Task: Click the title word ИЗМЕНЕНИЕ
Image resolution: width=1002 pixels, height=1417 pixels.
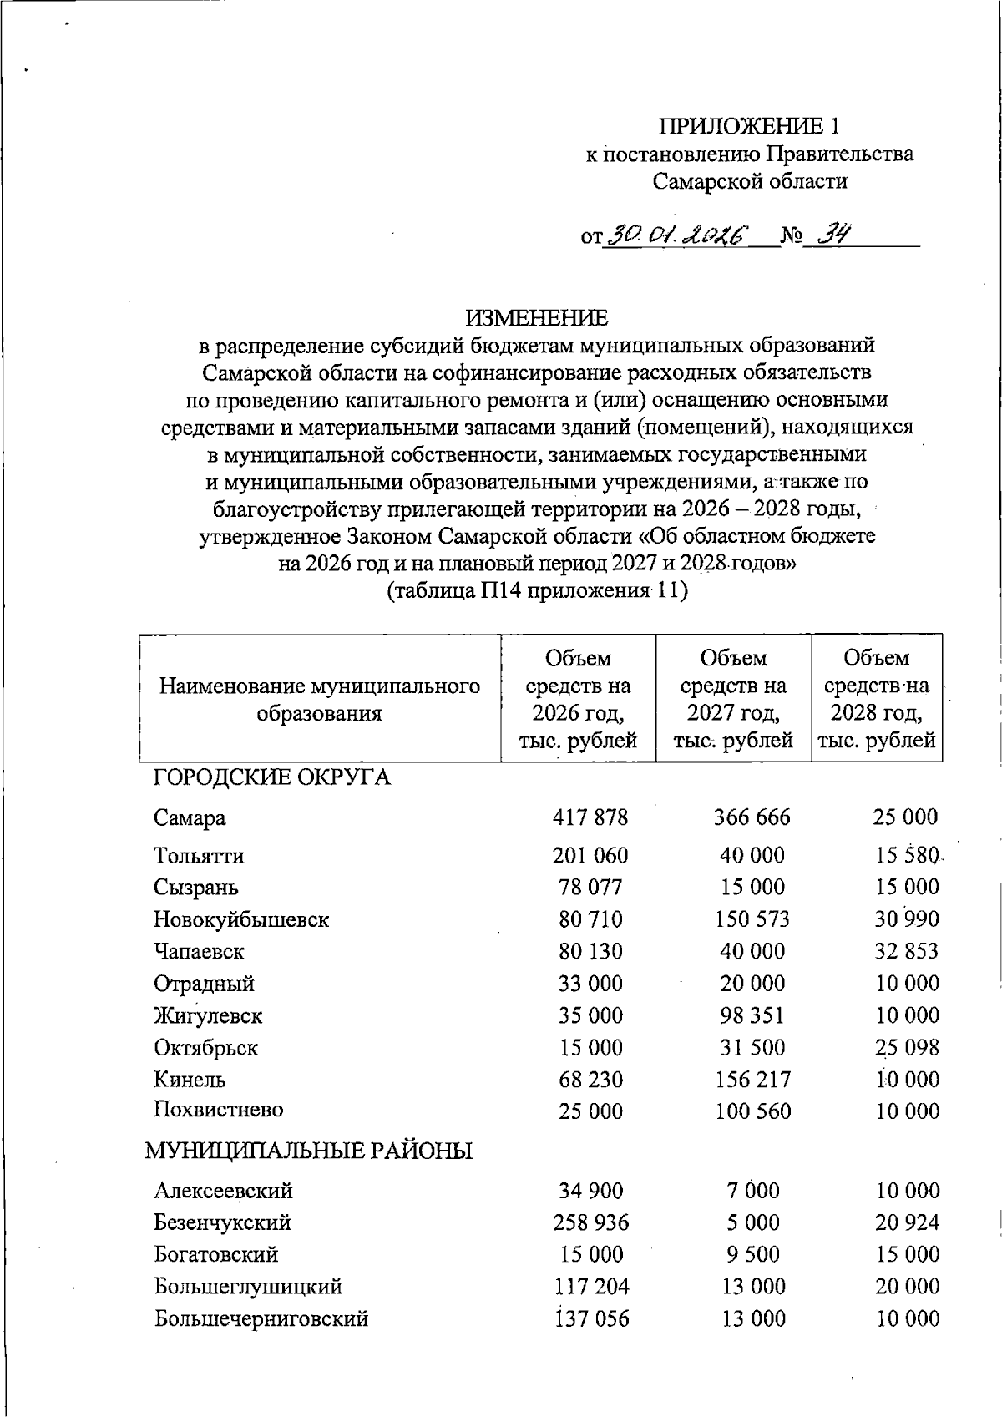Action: (537, 318)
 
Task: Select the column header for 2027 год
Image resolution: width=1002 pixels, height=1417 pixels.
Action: (733, 699)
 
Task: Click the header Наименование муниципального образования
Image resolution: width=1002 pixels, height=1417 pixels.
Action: (320, 700)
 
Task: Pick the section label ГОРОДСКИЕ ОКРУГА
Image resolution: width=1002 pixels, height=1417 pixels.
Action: (271, 777)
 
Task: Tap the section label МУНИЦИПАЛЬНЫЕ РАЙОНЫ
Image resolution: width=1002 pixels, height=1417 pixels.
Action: (309, 1151)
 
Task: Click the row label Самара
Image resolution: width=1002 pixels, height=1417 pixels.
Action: (190, 817)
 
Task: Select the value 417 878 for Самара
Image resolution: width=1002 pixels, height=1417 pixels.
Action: (590, 817)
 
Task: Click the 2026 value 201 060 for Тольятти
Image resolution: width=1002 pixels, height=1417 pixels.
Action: (590, 855)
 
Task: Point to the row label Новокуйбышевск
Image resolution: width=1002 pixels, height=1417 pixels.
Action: (241, 919)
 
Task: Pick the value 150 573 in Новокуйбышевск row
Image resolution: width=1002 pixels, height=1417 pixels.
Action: (751, 919)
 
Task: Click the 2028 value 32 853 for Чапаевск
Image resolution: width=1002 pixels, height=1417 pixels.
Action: (907, 951)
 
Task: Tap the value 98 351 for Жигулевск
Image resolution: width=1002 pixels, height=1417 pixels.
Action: (752, 1015)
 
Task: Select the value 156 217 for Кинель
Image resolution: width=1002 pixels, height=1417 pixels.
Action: (751, 1079)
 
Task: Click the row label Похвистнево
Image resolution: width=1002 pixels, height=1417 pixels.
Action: (218, 1111)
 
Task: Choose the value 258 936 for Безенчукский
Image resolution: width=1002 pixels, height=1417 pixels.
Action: (590, 1222)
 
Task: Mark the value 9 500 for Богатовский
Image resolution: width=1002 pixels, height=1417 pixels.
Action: (751, 1254)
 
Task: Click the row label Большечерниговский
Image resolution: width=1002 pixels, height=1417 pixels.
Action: (261, 1318)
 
